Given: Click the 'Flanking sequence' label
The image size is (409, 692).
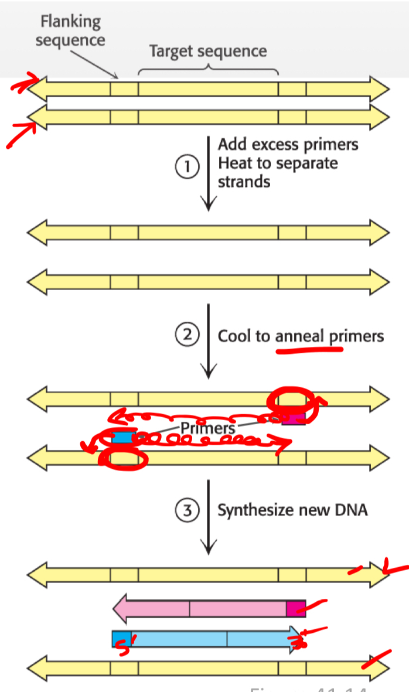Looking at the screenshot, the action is (70, 31).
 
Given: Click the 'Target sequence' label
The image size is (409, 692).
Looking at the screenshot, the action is (208, 52).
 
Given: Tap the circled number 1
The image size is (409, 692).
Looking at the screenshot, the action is (187, 167).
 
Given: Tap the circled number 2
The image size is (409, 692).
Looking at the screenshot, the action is (187, 336).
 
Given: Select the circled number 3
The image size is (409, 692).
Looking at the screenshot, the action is (187, 510).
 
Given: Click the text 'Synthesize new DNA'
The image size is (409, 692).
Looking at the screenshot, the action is (292, 510).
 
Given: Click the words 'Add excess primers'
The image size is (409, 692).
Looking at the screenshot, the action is (288, 144).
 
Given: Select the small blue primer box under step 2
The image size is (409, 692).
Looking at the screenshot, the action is (122, 437).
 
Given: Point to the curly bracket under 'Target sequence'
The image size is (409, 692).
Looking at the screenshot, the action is (208, 69).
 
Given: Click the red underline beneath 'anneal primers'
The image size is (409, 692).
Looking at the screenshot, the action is (309, 351).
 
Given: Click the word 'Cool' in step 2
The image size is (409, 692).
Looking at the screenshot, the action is (234, 336).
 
